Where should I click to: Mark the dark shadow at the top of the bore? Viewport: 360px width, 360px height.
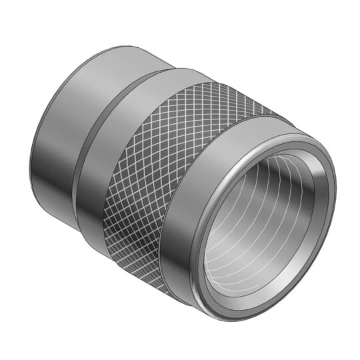pyautogui.click(x=267, y=167)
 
